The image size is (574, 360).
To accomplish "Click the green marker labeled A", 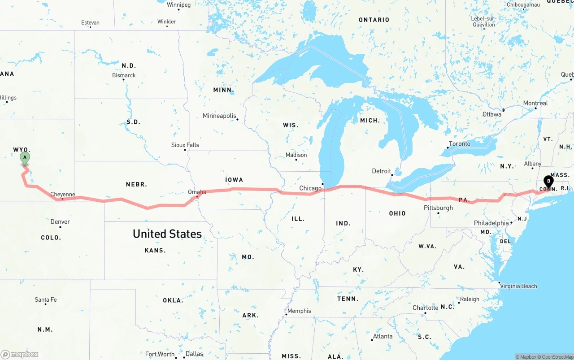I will pyautogui.click(x=25, y=158).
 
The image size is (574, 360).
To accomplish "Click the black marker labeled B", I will pyautogui.click(x=548, y=182).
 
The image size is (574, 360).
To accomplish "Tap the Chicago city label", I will pyautogui.click(x=310, y=188).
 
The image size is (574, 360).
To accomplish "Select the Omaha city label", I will pyautogui.click(x=197, y=192).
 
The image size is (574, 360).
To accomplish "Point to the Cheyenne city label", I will pyautogui.click(x=62, y=195).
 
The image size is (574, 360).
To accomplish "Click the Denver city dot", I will pyautogui.click(x=60, y=227).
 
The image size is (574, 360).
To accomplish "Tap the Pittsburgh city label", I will pyautogui.click(x=438, y=208).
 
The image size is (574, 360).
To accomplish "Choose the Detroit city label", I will pyautogui.click(x=382, y=171).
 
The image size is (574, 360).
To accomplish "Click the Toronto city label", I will pyautogui.click(x=460, y=143).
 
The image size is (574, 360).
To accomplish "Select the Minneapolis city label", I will pyautogui.click(x=219, y=116).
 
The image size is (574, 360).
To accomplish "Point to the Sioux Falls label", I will pyautogui.click(x=185, y=145).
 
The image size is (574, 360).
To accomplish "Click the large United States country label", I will pyautogui.click(x=167, y=234).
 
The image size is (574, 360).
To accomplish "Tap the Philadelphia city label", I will pyautogui.click(x=491, y=223).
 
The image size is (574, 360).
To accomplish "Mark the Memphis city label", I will pyautogui.click(x=299, y=311).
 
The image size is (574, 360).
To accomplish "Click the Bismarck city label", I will pyautogui.click(x=124, y=75).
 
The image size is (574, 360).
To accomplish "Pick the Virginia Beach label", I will pyautogui.click(x=518, y=286).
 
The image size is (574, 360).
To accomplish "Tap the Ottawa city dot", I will pyautogui.click(x=503, y=110).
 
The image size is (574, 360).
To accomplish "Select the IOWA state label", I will pyautogui.click(x=234, y=180).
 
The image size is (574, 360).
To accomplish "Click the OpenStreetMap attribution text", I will pyautogui.click(x=557, y=357).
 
